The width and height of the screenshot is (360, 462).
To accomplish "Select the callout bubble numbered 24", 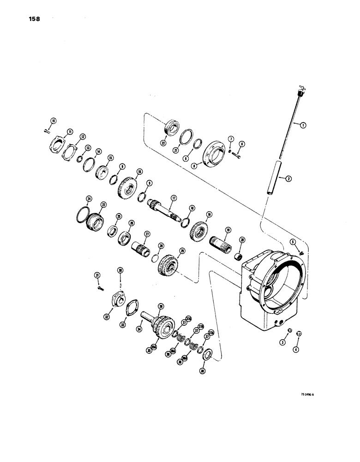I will click(90, 199).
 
